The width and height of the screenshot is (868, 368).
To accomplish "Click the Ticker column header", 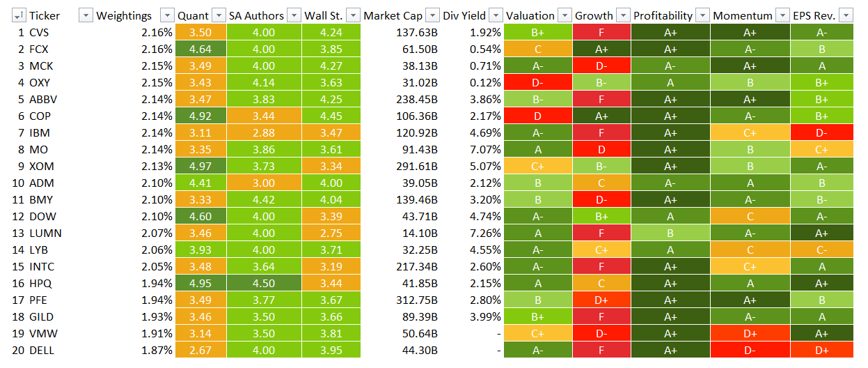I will coord(45,15).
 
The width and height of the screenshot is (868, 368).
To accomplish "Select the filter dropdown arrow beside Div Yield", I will coord(496,15).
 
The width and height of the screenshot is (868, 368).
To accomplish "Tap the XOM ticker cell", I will coord(41,166).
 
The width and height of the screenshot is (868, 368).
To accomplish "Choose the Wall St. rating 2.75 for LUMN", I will coord(331,233).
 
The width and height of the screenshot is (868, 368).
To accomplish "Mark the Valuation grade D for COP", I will coord(537,116).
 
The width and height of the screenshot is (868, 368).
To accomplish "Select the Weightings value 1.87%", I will coord(157,350).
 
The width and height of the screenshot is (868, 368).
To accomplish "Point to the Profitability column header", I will coord(663,15).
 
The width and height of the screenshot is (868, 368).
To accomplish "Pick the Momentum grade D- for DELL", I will coord(750,350).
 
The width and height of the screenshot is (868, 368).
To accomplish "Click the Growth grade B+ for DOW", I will coord(601,216).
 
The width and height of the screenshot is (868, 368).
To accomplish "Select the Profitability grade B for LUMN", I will coord(670,233).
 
